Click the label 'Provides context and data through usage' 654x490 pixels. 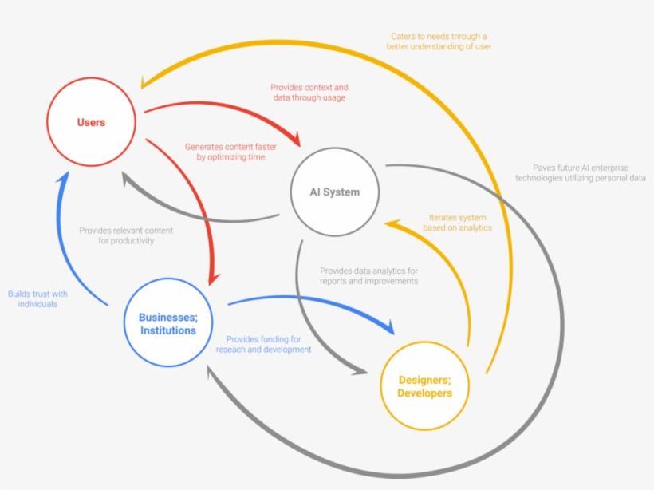point(309,93)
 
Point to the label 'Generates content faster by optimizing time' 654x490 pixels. point(230,152)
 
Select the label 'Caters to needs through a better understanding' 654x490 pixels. point(439,41)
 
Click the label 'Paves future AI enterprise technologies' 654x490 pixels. point(580,173)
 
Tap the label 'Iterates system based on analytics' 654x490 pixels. point(457,223)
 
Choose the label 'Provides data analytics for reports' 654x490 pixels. point(368,276)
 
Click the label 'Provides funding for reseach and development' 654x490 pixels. point(264,344)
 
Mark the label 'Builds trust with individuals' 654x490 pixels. point(37,298)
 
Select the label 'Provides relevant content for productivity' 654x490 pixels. point(126,235)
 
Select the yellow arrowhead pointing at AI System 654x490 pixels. point(392,224)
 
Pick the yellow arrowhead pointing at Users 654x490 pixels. point(144,82)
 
